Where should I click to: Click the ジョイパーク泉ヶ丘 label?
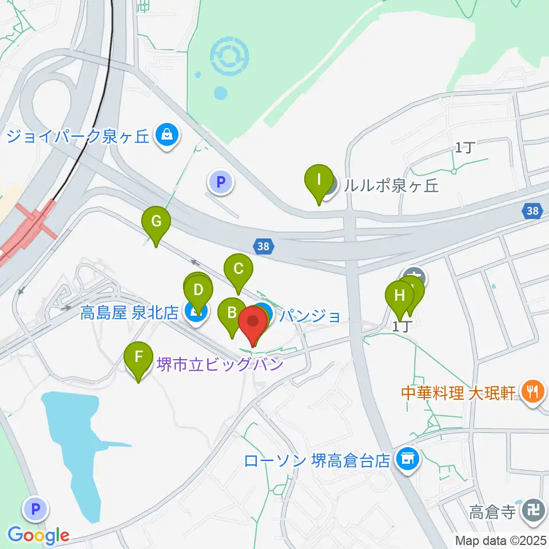[x=78, y=136]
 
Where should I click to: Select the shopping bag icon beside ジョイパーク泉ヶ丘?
[x=166, y=136]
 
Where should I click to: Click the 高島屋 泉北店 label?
[x=130, y=312]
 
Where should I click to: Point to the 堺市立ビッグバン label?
[x=220, y=364]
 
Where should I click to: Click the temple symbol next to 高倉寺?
[x=535, y=508]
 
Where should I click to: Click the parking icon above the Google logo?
[x=35, y=507]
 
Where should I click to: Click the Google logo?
[x=39, y=535]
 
